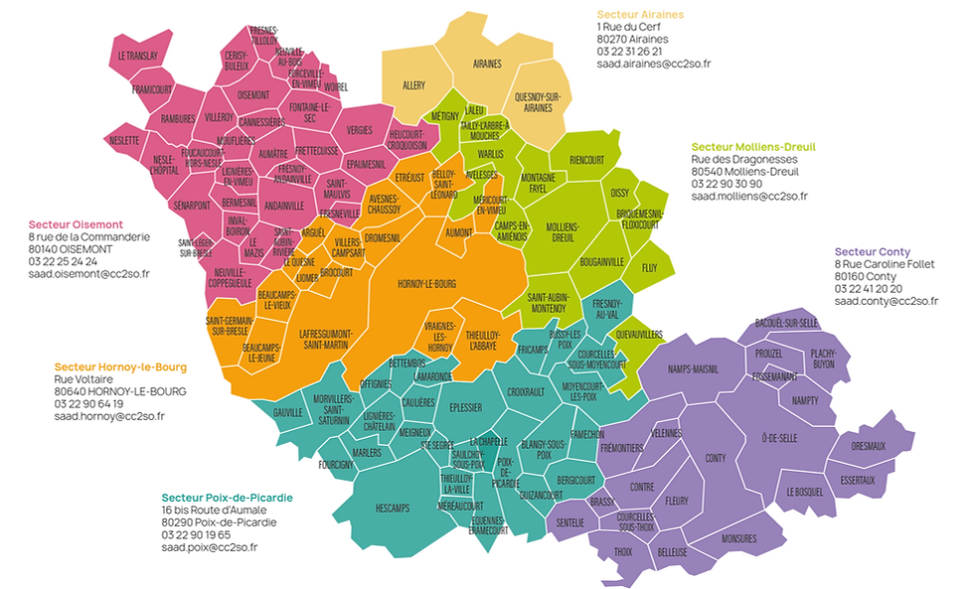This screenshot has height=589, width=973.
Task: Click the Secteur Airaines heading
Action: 640,15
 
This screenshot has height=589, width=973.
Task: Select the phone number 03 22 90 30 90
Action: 727,184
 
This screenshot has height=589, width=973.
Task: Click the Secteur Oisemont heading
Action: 76,224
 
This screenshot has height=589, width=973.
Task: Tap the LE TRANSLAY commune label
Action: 138,57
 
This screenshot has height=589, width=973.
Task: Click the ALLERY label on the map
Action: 413,85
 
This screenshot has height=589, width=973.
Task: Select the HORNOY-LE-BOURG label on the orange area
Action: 426,283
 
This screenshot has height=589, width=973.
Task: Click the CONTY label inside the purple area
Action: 715,458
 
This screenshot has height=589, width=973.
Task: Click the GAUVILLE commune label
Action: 287,411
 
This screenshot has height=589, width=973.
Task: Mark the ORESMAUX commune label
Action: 869,446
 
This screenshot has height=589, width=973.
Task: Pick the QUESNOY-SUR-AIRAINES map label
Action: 538,101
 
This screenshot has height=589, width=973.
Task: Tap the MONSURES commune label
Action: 739,538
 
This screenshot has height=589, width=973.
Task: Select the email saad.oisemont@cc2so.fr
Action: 88,272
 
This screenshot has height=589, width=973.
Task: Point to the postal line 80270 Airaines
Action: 632,39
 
